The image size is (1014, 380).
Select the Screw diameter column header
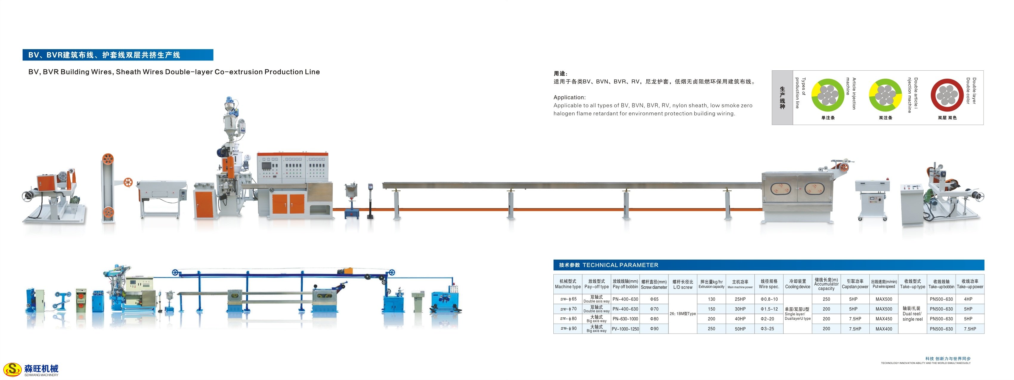coord(654,284)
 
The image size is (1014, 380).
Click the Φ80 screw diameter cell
coord(654,319)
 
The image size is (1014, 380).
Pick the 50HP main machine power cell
coord(740,329)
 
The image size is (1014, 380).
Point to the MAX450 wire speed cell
coord(884,319)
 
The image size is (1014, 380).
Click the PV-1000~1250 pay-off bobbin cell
coord(625,329)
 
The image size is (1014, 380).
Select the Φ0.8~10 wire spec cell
coord(769,299)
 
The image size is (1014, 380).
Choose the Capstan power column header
coord(855,284)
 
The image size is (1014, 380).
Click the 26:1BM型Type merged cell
coord(682,314)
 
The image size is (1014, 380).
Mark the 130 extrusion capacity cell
coord(711,299)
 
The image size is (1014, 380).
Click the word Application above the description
coord(569,97)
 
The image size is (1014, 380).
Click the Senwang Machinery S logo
coord(12,369)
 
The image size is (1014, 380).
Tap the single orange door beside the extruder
coord(204,203)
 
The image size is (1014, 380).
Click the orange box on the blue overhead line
coord(348,271)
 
